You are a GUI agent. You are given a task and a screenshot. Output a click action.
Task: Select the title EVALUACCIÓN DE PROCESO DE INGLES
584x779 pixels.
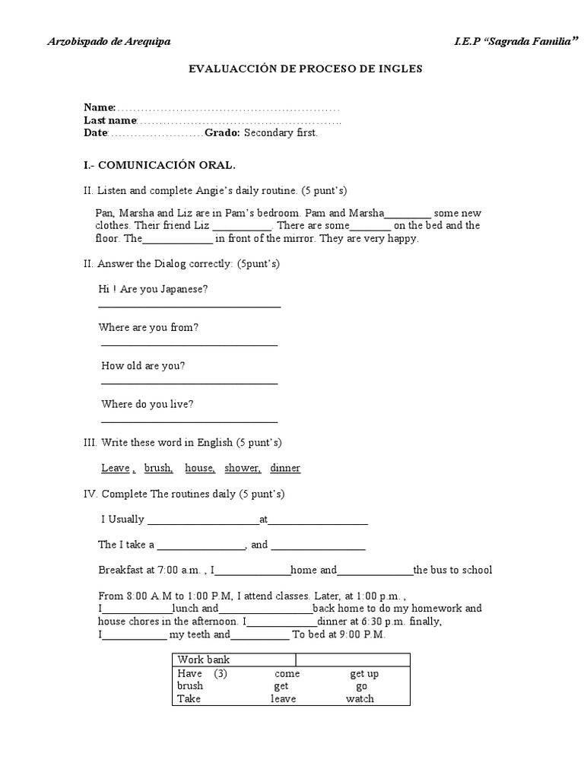(x=305, y=68)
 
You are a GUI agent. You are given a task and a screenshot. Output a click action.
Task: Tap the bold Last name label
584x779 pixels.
(x=109, y=120)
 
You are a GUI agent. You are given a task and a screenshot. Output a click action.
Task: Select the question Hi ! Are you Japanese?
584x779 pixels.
(x=153, y=289)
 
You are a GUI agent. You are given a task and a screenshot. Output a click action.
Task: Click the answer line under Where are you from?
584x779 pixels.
(x=189, y=345)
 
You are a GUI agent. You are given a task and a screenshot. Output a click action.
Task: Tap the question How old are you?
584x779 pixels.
(x=143, y=366)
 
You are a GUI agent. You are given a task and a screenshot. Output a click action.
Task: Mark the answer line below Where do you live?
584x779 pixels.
(x=189, y=421)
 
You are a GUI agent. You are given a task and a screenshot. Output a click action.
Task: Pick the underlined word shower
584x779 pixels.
(x=243, y=469)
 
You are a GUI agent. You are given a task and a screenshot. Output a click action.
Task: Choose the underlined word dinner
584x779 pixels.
(x=285, y=469)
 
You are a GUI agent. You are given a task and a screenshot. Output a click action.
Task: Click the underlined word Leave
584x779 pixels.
(x=115, y=469)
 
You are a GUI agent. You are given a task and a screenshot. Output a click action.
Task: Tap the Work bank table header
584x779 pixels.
(x=203, y=660)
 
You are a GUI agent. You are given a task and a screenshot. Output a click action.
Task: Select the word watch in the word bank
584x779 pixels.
(x=360, y=698)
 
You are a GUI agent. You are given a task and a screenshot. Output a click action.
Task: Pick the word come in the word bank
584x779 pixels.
(x=287, y=673)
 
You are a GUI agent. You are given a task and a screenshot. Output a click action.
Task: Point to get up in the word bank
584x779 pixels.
(x=364, y=673)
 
